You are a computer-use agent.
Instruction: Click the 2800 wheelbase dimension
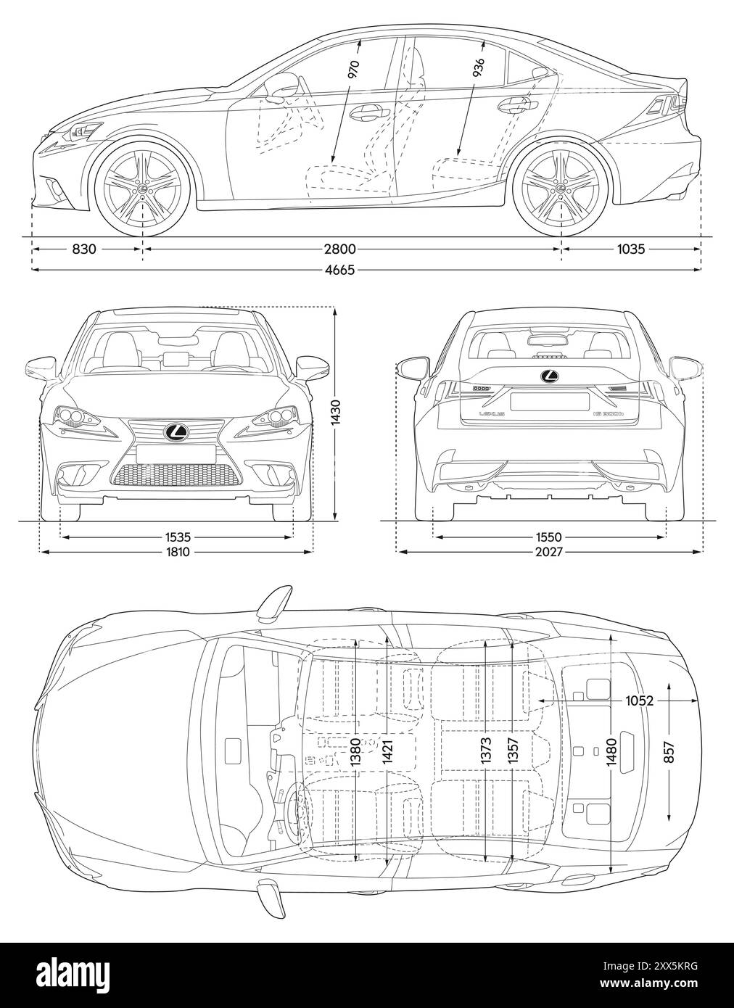tap(339, 249)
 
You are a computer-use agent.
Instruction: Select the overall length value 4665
tap(339, 270)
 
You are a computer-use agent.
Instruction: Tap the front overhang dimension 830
tap(84, 249)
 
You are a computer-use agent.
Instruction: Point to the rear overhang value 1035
tap(630, 249)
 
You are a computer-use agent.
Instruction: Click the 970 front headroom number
tap(354, 69)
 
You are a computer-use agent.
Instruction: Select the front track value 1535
tap(178, 537)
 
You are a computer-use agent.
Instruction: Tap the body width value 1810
tap(178, 553)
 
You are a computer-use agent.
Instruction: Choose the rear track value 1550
tap(549, 537)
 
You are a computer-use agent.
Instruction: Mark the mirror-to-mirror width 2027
tap(549, 553)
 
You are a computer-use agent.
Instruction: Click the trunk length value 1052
tap(640, 701)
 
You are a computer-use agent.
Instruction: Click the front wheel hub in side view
tap(143, 187)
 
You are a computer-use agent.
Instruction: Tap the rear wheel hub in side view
tap(559, 187)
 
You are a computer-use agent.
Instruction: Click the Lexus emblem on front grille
tap(176, 432)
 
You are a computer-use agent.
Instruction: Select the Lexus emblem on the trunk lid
tap(550, 376)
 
